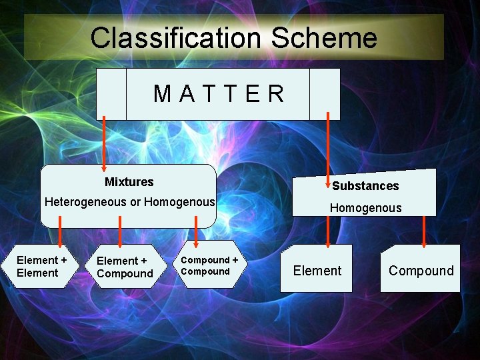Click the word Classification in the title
point(169,37)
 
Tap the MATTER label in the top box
point(219,94)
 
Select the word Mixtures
point(129,182)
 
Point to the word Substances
point(365,186)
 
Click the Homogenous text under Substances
point(365,208)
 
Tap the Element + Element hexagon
point(41,267)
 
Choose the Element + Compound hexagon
point(125,267)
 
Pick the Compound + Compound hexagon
point(209,265)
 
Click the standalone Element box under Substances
point(317,271)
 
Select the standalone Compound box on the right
point(421,271)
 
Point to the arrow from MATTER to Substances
point(327,150)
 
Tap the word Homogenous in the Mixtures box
point(179,202)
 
